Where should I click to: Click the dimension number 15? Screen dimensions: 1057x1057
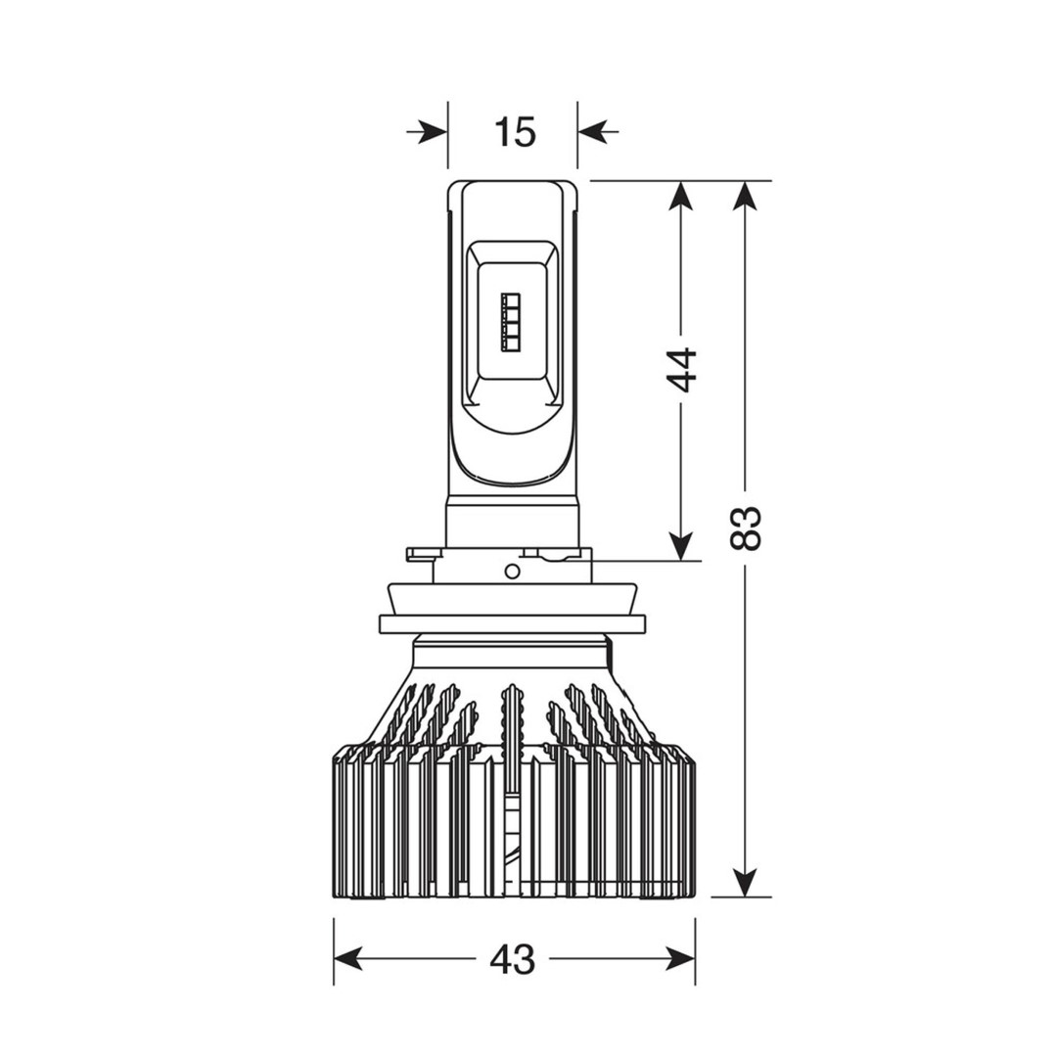point(515,132)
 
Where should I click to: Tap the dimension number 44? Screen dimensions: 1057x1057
point(681,370)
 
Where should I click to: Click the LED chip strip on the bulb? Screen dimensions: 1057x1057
point(511,323)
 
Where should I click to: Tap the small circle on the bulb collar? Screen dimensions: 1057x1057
point(512,572)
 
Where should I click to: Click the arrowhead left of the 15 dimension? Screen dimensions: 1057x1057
point(431,131)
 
